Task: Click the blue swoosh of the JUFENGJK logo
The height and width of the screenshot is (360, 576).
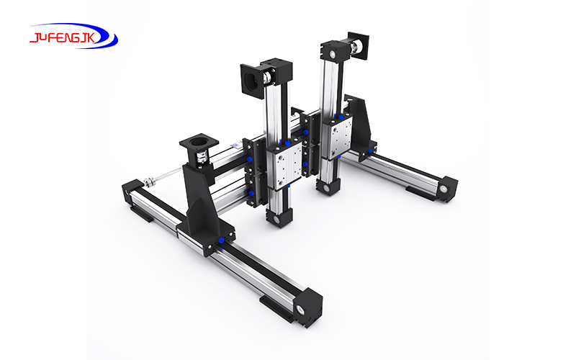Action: [x=101, y=41]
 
